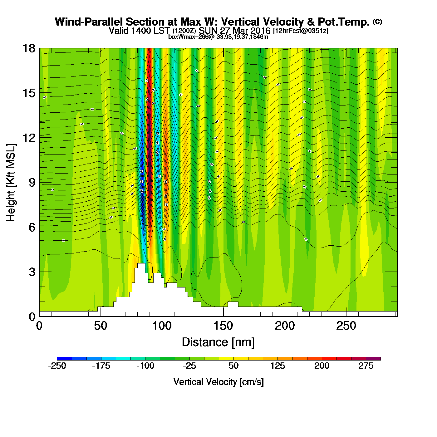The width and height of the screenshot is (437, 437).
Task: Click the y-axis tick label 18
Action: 28,48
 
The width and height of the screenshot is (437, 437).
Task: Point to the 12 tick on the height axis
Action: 28,138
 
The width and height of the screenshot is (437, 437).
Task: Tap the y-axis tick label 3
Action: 32,272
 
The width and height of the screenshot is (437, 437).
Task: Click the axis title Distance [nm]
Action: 218,342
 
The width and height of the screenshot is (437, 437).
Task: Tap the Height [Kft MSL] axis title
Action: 11,183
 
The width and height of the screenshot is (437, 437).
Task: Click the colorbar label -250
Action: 57,366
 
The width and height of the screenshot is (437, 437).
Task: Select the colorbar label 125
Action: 277,366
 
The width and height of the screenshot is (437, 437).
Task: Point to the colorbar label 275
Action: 366,366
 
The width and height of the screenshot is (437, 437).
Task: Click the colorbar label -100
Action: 145,366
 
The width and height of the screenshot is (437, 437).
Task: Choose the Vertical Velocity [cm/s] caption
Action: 219,382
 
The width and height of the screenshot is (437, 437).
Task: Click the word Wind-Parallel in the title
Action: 89,22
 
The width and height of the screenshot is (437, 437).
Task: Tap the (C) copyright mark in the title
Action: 377,22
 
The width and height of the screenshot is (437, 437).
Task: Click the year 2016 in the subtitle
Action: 260,31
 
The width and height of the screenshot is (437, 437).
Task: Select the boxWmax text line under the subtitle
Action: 218,37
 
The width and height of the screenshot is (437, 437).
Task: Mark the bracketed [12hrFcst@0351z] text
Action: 301,31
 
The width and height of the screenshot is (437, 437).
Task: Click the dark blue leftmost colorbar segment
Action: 64,359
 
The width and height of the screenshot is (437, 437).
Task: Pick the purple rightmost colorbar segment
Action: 373,359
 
